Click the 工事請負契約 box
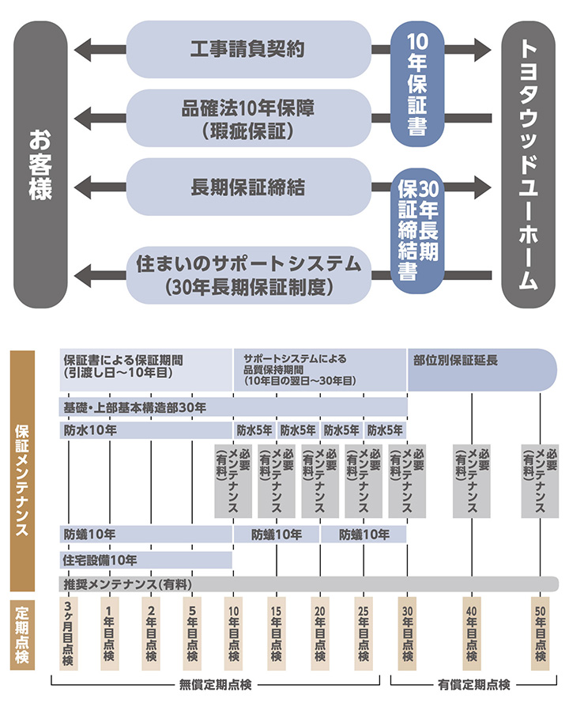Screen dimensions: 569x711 (249, 49)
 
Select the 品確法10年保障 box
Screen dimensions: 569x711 (249, 119)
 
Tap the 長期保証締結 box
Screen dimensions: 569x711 (249, 187)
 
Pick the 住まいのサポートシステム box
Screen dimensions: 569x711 (249, 275)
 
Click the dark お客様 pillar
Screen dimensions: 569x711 (40, 165)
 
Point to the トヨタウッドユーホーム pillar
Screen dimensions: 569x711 (528, 165)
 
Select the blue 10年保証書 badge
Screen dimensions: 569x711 (417, 84)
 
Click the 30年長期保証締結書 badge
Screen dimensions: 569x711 (417, 231)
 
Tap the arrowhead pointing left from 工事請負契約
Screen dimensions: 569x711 (83, 49)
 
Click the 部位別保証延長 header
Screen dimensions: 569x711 (482, 369)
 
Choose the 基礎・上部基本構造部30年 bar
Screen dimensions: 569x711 (233, 407)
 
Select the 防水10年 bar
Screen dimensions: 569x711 (146, 430)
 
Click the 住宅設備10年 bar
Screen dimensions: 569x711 (146, 560)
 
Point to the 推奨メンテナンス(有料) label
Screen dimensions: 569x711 (128, 584)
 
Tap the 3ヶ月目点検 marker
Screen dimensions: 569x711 (69, 633)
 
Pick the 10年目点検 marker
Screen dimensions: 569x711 (233, 633)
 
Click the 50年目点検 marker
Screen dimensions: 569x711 (540, 633)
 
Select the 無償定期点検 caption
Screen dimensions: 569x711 (215, 684)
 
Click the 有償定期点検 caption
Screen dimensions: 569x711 (474, 684)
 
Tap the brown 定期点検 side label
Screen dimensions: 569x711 (22, 635)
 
